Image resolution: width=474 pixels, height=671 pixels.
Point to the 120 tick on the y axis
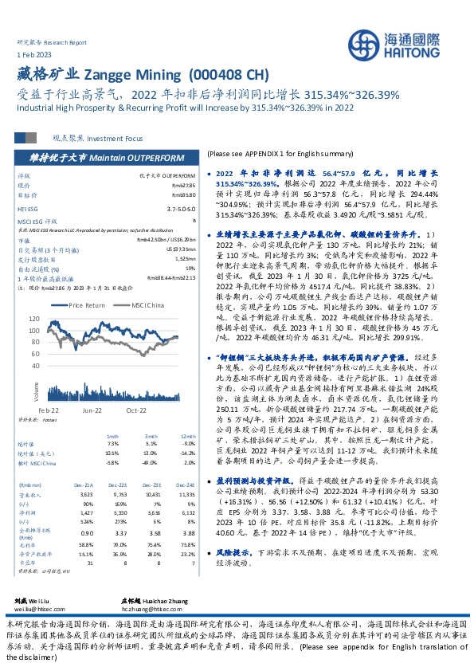pos(56,318)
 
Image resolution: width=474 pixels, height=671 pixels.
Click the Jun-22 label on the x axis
pos(92,409)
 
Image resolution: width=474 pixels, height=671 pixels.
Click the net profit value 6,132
pos(187,514)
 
